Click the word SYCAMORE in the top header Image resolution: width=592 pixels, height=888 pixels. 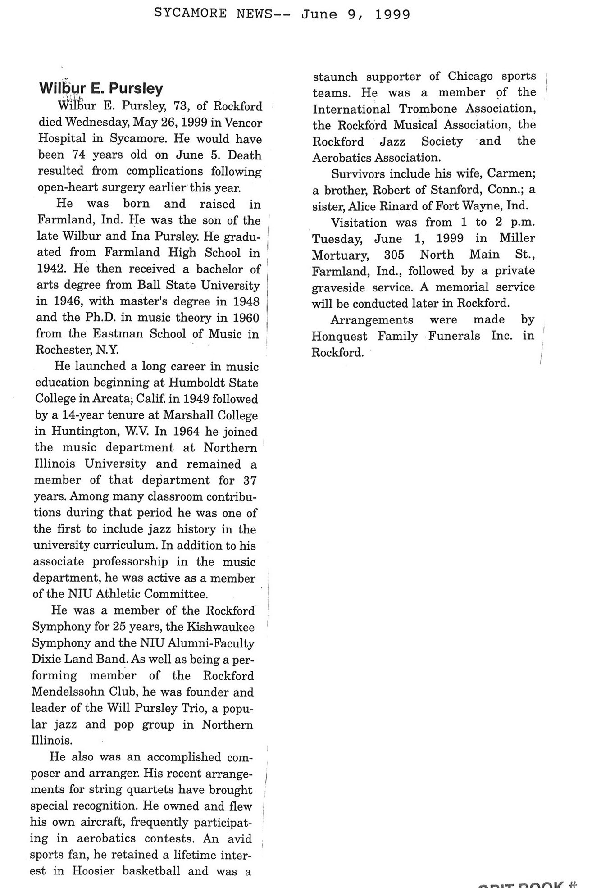[191, 14]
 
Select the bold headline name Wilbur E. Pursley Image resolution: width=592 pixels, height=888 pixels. [101, 88]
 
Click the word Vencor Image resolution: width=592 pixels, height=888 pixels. [243, 123]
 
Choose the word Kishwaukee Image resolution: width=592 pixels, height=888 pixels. [221, 627]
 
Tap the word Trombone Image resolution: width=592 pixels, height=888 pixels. [428, 109]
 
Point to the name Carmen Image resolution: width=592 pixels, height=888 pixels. [511, 174]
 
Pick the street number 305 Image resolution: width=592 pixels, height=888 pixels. [394, 255]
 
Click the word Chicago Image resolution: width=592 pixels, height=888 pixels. [470, 76]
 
